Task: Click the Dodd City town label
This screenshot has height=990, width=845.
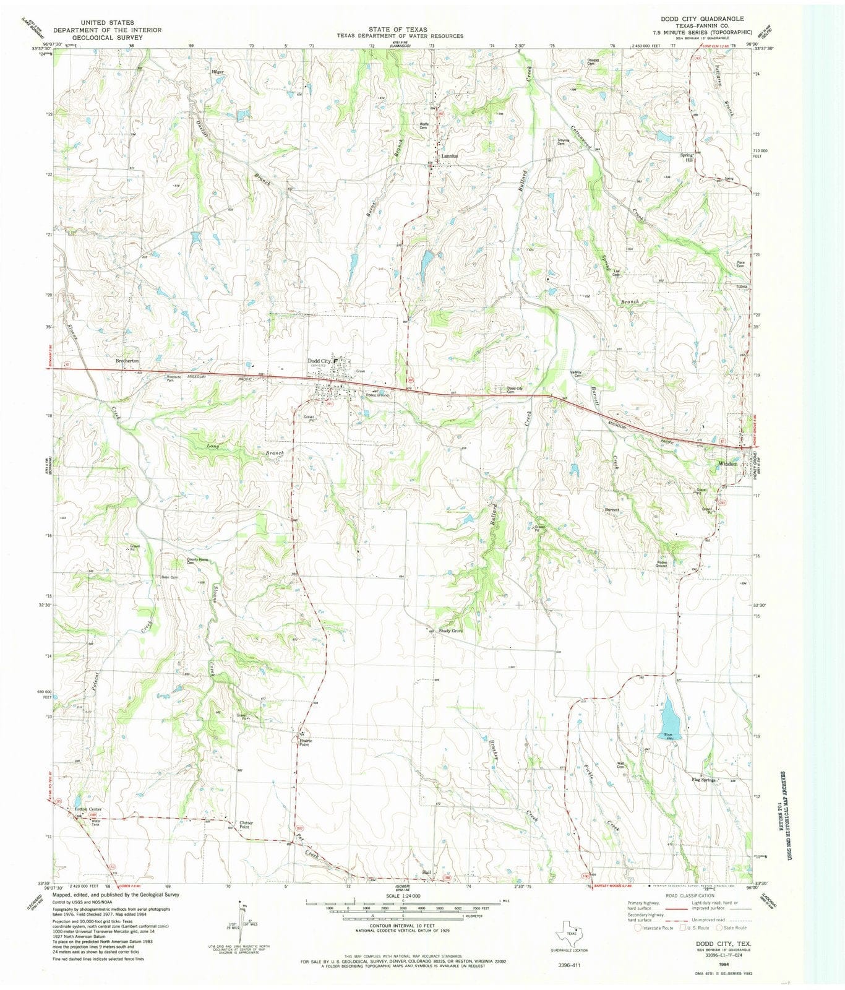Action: (319, 361)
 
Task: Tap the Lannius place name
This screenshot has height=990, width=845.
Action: (450, 156)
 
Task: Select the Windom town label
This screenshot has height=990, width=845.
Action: (727, 463)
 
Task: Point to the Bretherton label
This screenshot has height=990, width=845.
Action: (127, 360)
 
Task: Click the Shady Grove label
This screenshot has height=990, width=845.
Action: (451, 631)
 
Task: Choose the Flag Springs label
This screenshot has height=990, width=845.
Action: (703, 780)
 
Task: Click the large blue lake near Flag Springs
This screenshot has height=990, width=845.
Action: (669, 718)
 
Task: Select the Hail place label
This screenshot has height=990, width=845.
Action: (426, 872)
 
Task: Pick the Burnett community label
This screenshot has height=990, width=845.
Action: (612, 510)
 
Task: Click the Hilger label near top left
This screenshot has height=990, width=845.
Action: (217, 72)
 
